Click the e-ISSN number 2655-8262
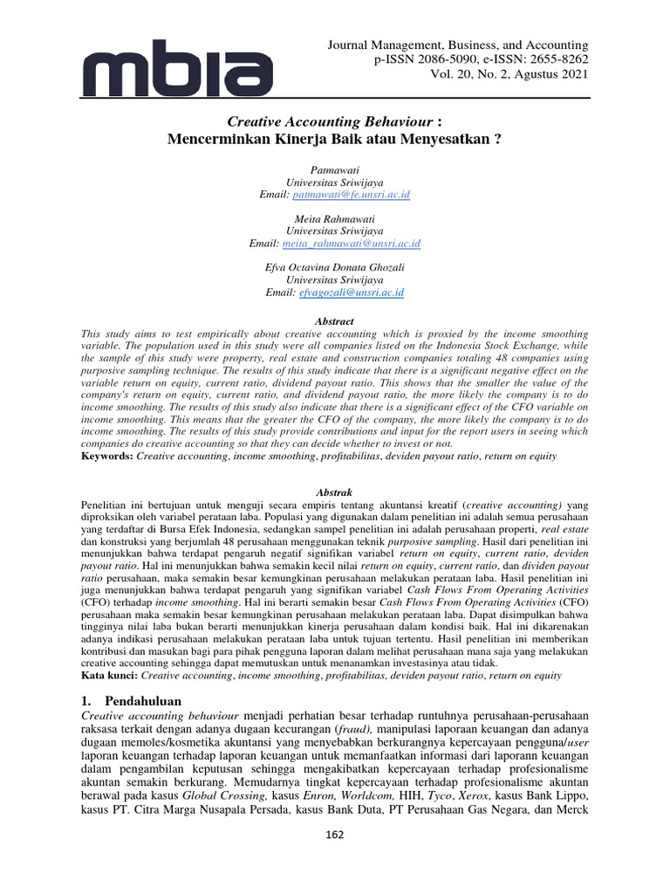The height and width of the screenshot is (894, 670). (x=552, y=59)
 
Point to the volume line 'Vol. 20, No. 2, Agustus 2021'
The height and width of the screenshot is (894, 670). (x=508, y=74)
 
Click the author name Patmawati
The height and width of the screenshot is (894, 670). (x=334, y=167)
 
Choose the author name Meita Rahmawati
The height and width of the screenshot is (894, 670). (x=334, y=218)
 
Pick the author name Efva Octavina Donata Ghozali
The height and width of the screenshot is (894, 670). (x=334, y=267)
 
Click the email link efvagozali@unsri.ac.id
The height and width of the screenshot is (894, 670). (x=353, y=292)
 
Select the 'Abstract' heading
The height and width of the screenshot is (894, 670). (x=334, y=320)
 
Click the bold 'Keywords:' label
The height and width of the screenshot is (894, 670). (x=107, y=456)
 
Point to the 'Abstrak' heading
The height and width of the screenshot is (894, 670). (x=334, y=492)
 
